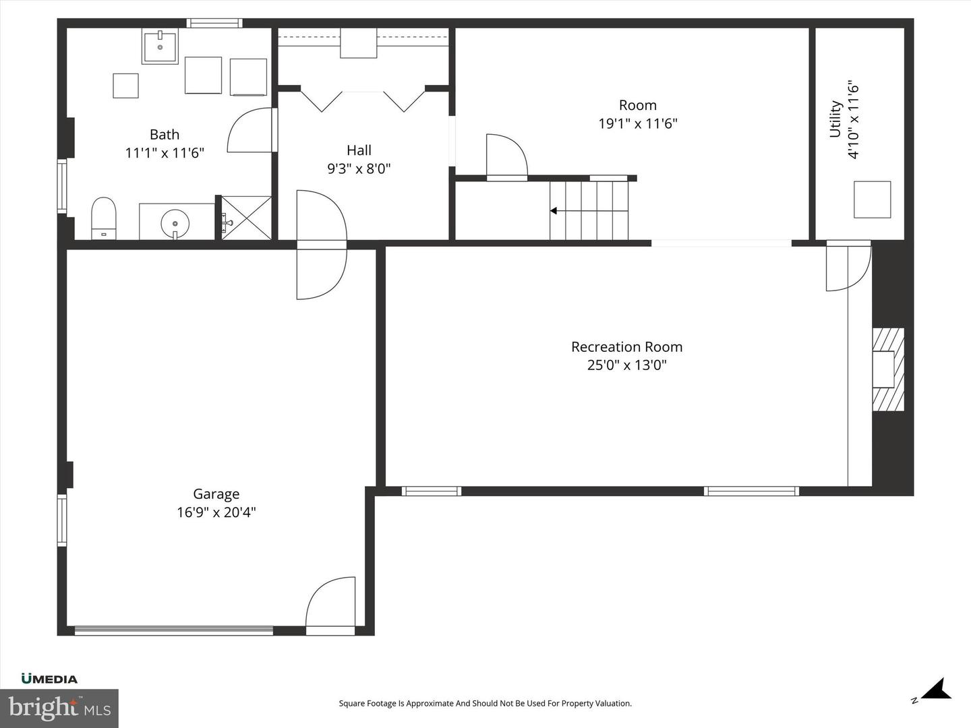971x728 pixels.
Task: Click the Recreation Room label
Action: click(626, 347)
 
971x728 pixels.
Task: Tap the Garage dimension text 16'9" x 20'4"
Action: click(216, 512)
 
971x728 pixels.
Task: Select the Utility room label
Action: click(835, 119)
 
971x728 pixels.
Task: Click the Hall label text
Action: click(359, 150)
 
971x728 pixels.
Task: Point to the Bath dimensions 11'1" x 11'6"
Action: click(165, 153)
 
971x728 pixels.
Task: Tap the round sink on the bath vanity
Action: click(175, 221)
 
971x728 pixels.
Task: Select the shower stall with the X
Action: click(247, 217)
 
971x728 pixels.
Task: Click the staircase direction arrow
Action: click(554, 211)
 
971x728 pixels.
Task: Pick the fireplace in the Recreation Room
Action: click(887, 369)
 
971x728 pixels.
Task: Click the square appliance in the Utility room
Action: click(872, 200)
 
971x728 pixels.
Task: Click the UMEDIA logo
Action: click(49, 679)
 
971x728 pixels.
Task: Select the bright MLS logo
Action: click(59, 708)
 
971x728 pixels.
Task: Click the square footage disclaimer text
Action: click(485, 704)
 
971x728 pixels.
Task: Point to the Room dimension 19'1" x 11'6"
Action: click(637, 124)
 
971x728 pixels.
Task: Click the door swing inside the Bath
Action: click(251, 131)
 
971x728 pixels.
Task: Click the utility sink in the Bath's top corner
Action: click(160, 47)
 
